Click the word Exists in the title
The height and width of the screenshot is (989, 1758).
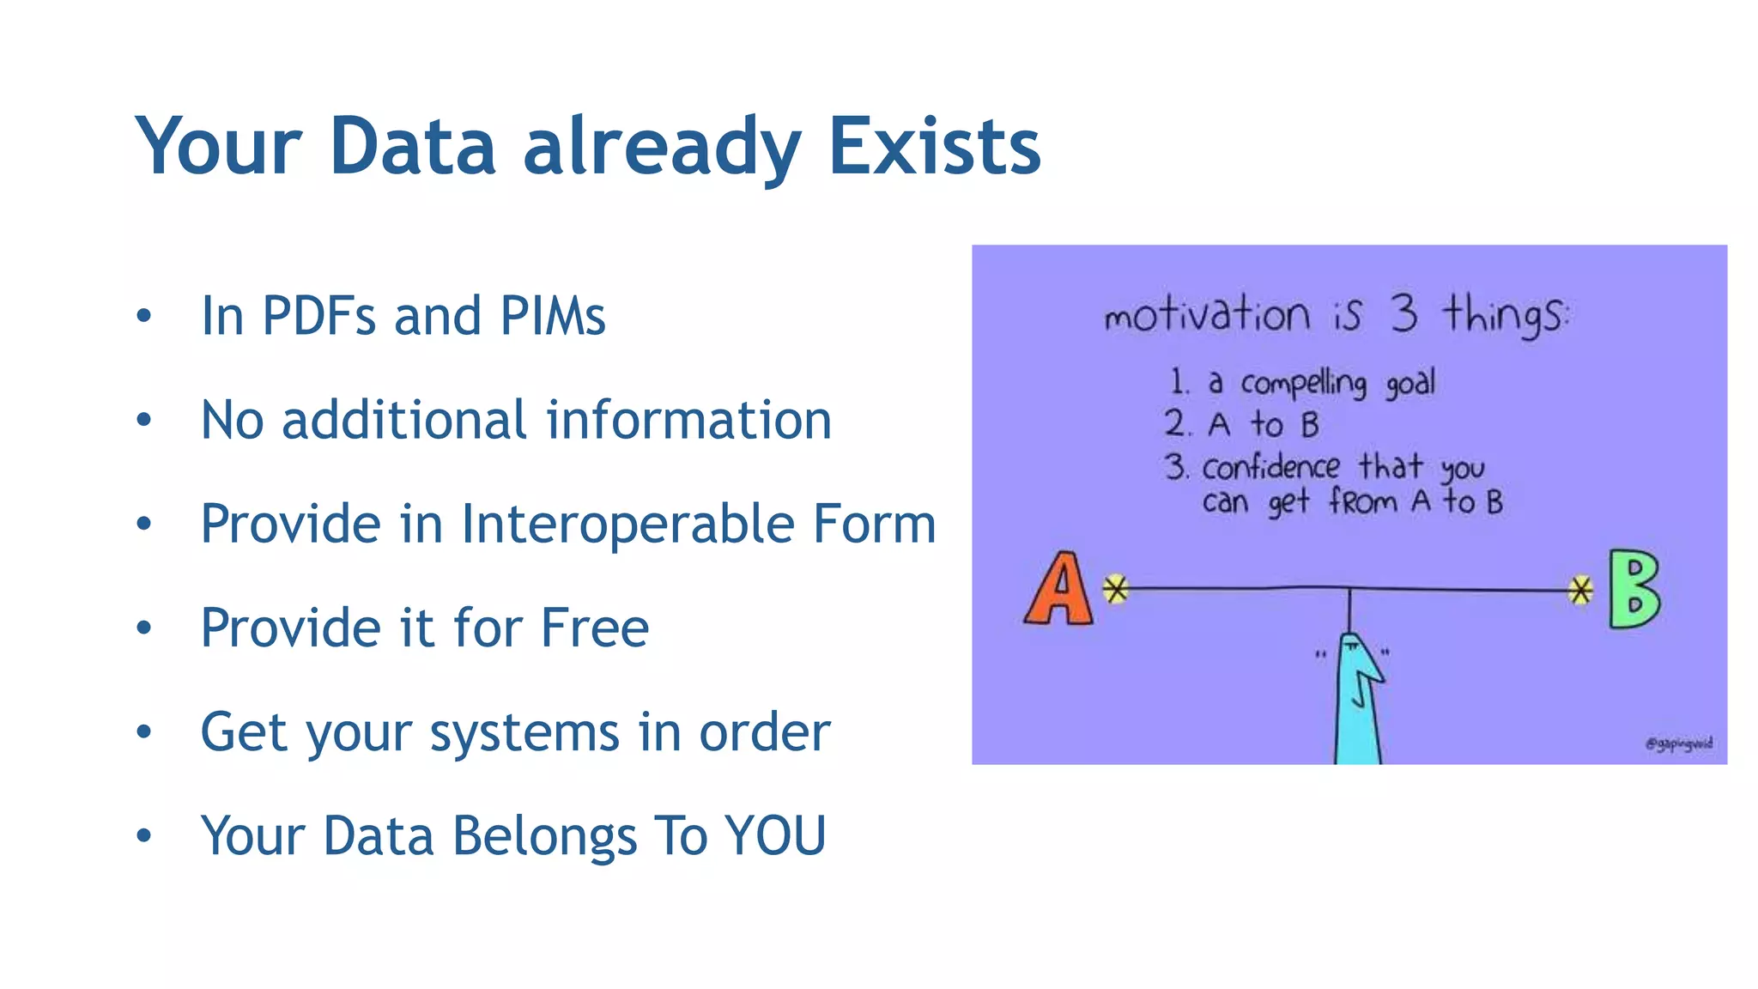pyautogui.click(x=934, y=148)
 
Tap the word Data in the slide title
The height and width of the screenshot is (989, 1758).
pyautogui.click(x=412, y=148)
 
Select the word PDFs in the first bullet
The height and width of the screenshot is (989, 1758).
pyautogui.click(x=318, y=316)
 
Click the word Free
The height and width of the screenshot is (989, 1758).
pyautogui.click(x=594, y=628)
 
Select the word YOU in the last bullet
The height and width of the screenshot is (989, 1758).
pyautogui.click(x=774, y=836)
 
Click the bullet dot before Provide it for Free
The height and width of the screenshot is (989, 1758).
pyautogui.click(x=143, y=628)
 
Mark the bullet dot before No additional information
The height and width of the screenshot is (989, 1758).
pyautogui.click(x=143, y=421)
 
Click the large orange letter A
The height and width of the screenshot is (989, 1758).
pyautogui.click(x=1059, y=590)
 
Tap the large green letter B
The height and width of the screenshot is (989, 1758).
pyautogui.click(x=1634, y=590)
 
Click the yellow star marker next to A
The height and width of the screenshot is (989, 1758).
pyautogui.click(x=1115, y=589)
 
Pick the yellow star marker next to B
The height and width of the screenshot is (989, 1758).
pyautogui.click(x=1580, y=591)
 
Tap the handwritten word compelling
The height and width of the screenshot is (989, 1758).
pyautogui.click(x=1303, y=383)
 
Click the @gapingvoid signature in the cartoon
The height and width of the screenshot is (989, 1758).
pyautogui.click(x=1678, y=743)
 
